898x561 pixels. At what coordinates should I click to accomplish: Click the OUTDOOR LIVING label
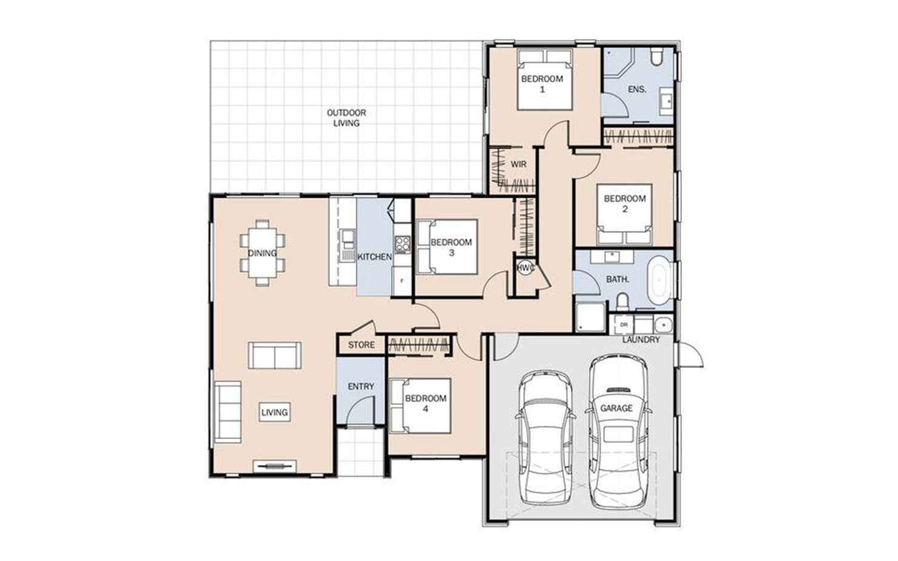(346, 118)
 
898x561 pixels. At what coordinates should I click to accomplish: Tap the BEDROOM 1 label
(542, 84)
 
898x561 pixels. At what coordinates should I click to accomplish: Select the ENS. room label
(637, 89)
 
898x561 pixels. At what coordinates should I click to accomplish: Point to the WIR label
(518, 164)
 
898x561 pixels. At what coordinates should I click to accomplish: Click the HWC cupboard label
(525, 268)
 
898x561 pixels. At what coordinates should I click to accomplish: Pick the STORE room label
(361, 345)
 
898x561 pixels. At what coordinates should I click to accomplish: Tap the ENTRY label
(361, 386)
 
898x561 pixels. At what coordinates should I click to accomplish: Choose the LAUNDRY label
(641, 340)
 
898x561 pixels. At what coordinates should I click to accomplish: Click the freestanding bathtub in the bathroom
(660, 280)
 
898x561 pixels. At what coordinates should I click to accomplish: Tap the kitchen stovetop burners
(402, 244)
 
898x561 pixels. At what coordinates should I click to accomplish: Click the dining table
(263, 253)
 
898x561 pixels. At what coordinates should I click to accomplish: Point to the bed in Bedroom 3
(447, 247)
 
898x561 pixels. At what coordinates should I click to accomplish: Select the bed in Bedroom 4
(420, 406)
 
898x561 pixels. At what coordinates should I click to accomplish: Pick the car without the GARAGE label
(545, 438)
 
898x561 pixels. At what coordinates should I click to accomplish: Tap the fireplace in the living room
(275, 466)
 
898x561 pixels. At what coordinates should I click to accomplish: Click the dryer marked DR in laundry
(624, 325)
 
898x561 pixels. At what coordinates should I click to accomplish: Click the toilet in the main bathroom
(622, 301)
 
